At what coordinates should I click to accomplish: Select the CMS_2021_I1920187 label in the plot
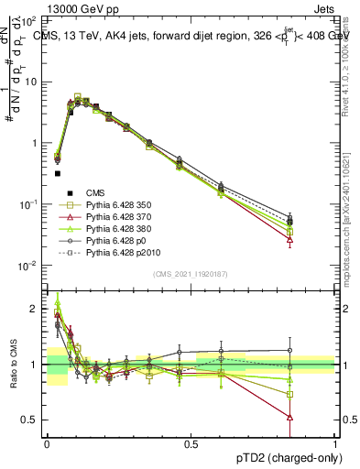pos(189,274)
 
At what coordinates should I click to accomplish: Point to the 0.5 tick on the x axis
pos(191,444)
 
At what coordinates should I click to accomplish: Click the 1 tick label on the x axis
pos(335,444)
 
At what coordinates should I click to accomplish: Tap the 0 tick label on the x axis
pos(47,444)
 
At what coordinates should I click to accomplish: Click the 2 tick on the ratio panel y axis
pos(36,309)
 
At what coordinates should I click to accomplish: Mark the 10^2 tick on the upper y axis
pos(32,20)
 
